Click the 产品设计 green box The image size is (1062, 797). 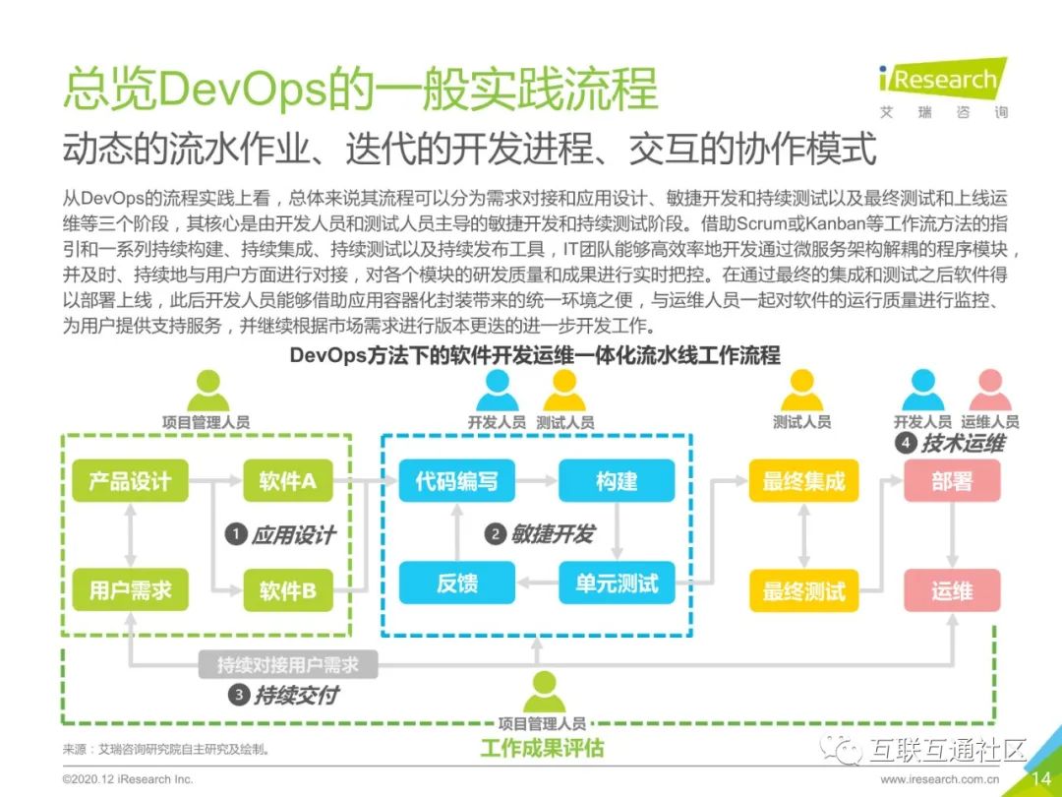coord(130,481)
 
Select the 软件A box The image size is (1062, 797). coord(287,481)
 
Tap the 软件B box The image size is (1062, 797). coord(287,590)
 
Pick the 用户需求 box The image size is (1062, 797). coord(130,590)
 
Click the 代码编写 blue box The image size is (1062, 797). coord(456,481)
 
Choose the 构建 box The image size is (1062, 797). coord(617,481)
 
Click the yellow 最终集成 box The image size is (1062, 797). coord(803,481)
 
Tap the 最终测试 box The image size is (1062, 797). coord(803,590)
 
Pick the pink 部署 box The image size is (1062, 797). coord(952,481)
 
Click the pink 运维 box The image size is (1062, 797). coord(952,590)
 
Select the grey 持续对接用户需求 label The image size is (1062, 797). coord(287,665)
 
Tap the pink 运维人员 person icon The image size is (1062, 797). coord(989,392)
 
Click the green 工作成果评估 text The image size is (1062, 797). coord(542,749)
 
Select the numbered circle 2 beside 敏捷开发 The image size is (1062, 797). coord(495,534)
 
